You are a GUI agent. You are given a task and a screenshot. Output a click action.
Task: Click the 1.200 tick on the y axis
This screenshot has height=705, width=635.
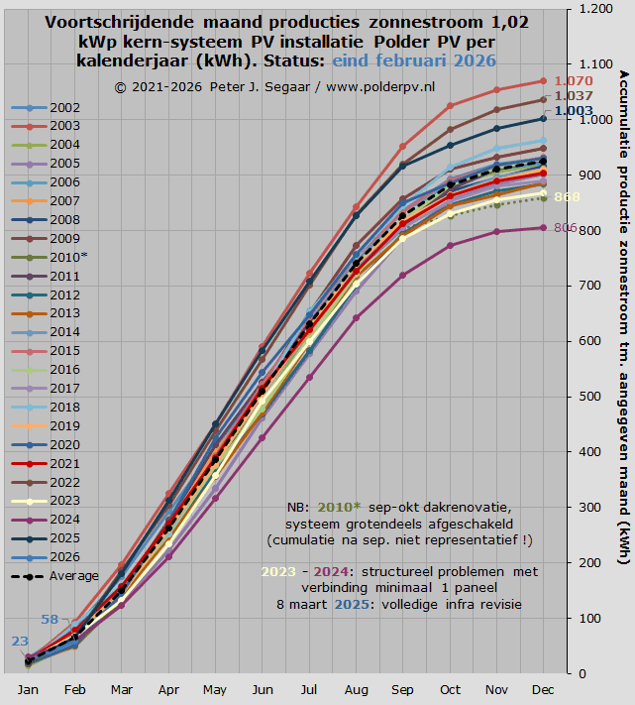pyautogui.click(x=595, y=9)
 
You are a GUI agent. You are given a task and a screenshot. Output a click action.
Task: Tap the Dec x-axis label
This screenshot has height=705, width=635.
pyautogui.click(x=544, y=689)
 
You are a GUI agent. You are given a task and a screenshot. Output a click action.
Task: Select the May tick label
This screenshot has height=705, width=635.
pyautogui.click(x=215, y=689)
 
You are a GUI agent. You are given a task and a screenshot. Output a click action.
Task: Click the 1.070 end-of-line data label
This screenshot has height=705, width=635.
pyautogui.click(x=574, y=81)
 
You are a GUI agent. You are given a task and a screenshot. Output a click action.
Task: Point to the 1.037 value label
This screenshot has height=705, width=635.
pyautogui.click(x=574, y=96)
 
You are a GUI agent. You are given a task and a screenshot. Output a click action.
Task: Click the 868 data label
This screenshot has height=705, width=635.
pyautogui.click(x=568, y=197)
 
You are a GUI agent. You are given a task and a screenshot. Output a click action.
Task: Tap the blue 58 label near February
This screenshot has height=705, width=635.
pyautogui.click(x=50, y=620)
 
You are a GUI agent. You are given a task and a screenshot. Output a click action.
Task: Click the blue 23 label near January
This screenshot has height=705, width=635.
pyautogui.click(x=20, y=642)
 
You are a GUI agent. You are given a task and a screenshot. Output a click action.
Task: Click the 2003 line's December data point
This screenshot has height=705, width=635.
pyautogui.click(x=544, y=81)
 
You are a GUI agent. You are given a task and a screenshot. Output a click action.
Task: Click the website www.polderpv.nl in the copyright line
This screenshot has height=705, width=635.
pyautogui.click(x=378, y=87)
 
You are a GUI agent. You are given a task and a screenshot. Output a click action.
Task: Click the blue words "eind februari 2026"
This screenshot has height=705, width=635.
pyautogui.click(x=414, y=60)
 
